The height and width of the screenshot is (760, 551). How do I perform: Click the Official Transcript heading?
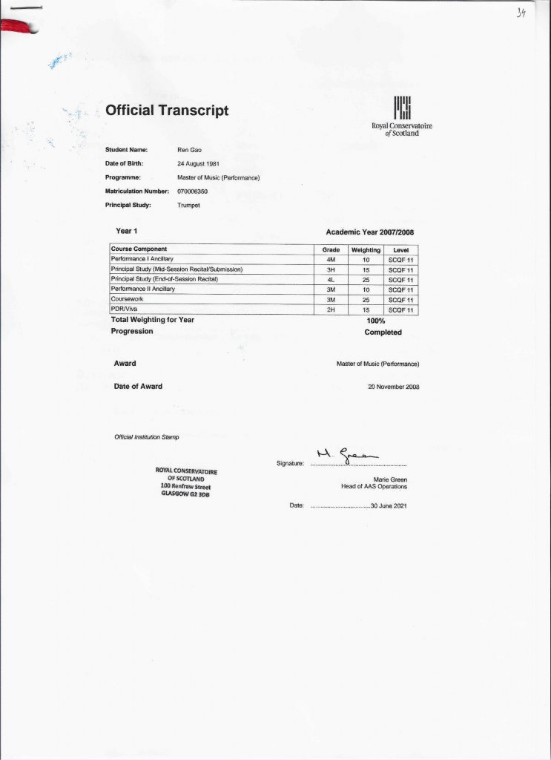(x=167, y=111)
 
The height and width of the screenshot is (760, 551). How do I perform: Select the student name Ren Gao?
(x=189, y=150)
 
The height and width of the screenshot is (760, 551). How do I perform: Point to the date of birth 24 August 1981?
(x=198, y=164)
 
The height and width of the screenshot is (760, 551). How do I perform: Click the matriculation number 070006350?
(x=193, y=191)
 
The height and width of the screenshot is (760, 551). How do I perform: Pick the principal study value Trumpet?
(x=189, y=205)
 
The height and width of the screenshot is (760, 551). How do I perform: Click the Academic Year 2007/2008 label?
(x=369, y=232)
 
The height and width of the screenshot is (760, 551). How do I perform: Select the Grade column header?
(x=331, y=249)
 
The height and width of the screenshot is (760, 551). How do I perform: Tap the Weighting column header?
(x=366, y=249)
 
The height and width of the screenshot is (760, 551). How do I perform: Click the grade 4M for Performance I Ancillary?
(x=331, y=260)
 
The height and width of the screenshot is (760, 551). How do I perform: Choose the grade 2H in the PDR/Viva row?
(x=331, y=309)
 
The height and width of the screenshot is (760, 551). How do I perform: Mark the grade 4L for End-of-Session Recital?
(x=331, y=280)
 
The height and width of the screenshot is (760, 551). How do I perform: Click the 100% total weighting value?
(x=375, y=321)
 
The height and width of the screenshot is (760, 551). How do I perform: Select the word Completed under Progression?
(x=383, y=332)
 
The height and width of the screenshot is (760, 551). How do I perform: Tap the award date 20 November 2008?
(x=394, y=387)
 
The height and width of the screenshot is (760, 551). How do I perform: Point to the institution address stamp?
(x=186, y=482)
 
